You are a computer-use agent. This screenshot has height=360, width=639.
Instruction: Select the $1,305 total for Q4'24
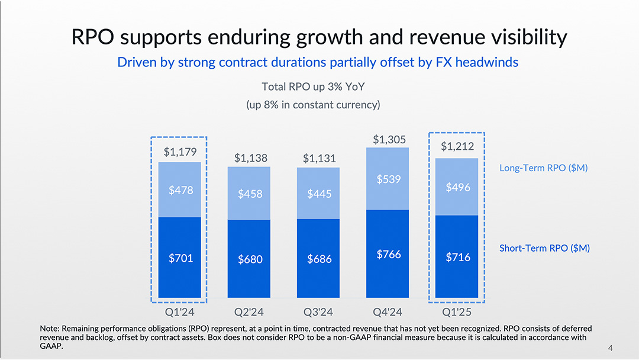[388, 139]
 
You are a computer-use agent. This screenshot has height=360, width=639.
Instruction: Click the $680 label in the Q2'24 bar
[249, 259]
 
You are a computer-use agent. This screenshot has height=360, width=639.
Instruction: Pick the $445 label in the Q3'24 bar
[319, 194]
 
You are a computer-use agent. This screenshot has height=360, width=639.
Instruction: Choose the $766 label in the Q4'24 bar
[388, 255]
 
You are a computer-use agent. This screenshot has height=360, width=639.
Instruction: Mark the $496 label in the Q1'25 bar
[457, 187]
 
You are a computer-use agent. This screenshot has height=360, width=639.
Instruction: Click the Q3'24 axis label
[319, 311]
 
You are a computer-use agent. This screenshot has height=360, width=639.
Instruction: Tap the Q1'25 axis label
[457, 311]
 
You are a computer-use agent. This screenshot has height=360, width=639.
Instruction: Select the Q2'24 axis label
[249, 311]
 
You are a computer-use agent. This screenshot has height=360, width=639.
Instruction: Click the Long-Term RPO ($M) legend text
[543, 168]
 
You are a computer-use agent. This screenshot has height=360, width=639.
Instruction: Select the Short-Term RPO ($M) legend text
[544, 248]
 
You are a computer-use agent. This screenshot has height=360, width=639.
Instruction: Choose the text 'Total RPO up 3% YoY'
[313, 87]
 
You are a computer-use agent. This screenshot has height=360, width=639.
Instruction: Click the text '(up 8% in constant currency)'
[313, 105]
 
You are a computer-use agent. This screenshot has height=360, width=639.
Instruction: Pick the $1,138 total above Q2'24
[249, 158]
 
